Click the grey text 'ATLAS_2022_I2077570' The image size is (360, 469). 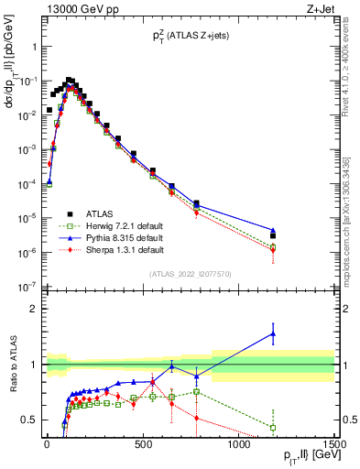pos(190,273)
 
